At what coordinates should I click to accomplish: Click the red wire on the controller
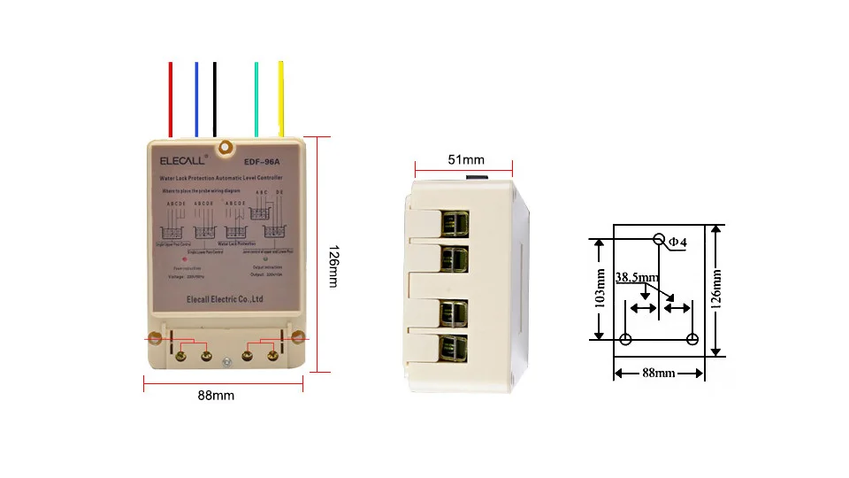click(170, 97)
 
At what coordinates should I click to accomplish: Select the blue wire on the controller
click(196, 97)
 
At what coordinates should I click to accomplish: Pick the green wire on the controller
click(256, 97)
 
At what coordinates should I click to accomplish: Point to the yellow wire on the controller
click(281, 97)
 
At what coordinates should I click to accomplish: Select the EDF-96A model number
click(261, 161)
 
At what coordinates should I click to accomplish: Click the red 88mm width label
click(216, 396)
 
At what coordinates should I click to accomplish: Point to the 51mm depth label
click(465, 159)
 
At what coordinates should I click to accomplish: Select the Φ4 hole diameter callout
click(677, 242)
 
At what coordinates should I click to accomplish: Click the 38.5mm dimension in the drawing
click(637, 277)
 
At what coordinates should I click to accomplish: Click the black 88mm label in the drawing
click(658, 374)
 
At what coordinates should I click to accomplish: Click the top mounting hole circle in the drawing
click(659, 239)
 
